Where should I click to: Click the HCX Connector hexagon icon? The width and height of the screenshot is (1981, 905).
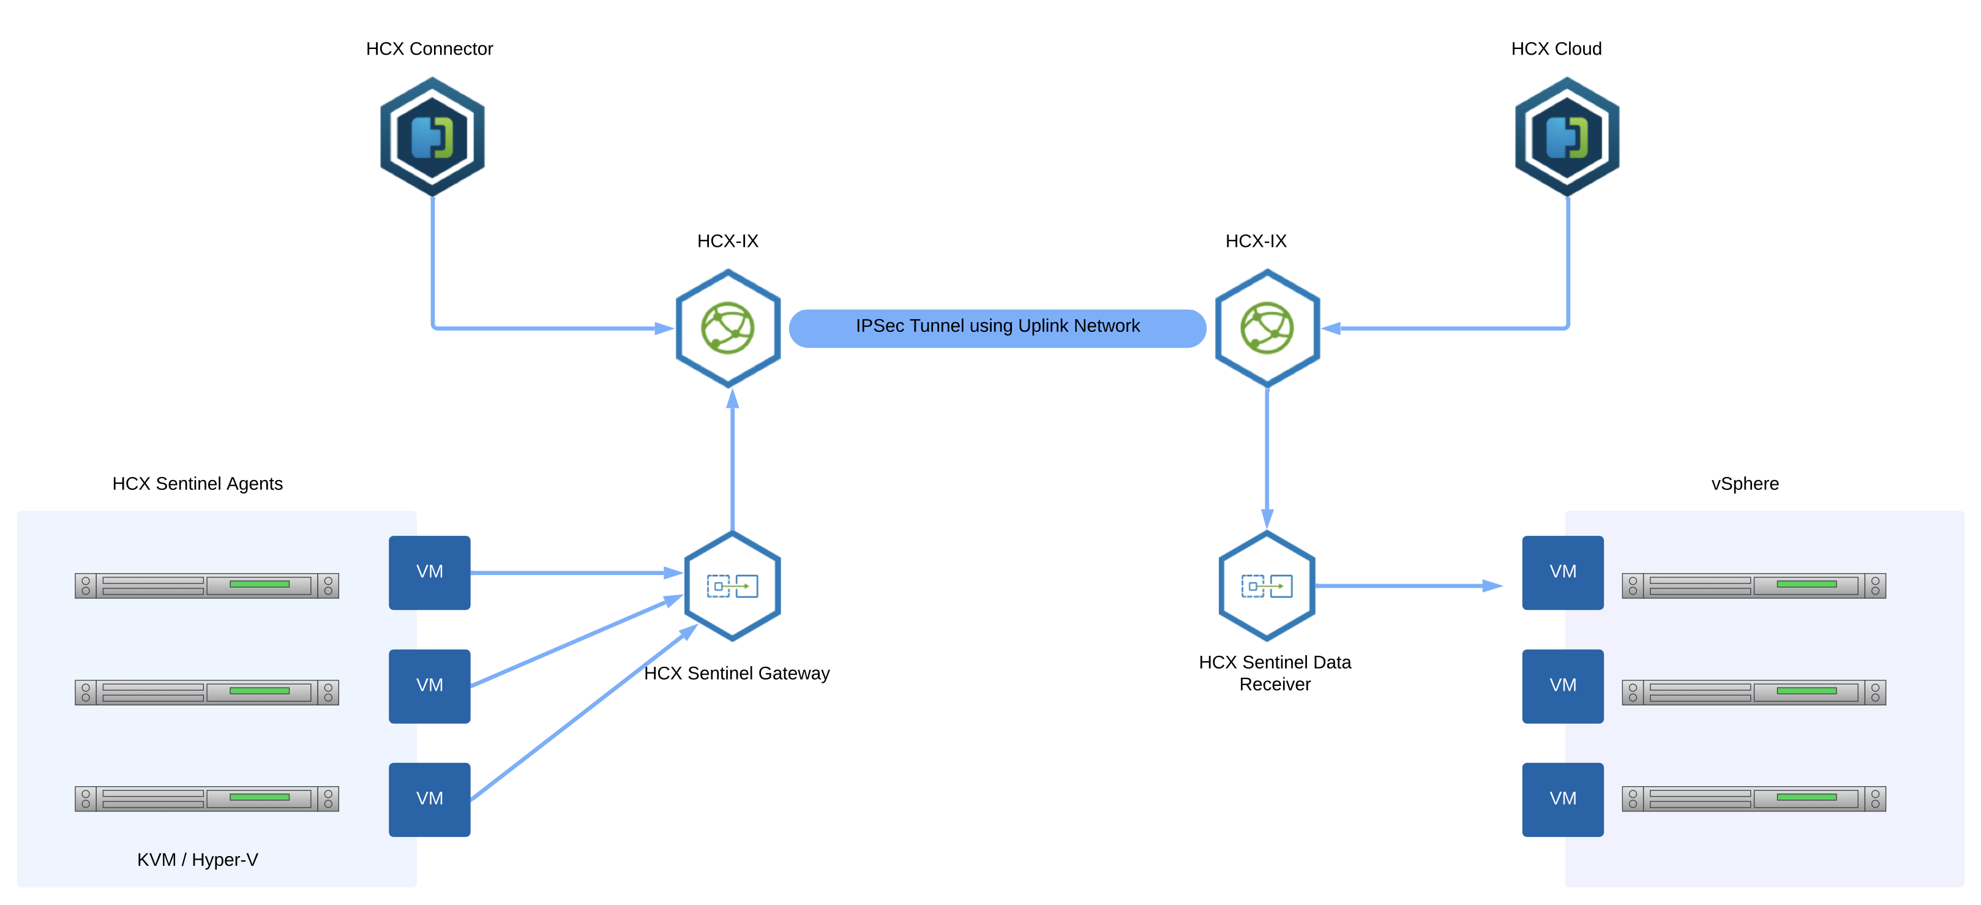pyautogui.click(x=432, y=136)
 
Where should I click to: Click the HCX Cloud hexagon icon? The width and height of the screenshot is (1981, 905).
pyautogui.click(x=1567, y=136)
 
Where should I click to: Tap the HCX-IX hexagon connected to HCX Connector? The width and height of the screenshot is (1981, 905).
pyautogui.click(x=727, y=328)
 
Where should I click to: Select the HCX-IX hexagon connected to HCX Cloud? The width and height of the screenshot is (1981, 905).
pyautogui.click(x=1267, y=328)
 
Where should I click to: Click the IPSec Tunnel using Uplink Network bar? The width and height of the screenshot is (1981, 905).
pyautogui.click(x=997, y=328)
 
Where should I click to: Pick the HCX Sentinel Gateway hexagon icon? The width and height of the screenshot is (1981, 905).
pyautogui.click(x=732, y=586)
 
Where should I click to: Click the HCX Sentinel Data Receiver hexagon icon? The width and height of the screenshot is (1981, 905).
pyautogui.click(x=1267, y=586)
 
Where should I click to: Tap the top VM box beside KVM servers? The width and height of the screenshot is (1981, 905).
pyautogui.click(x=429, y=572)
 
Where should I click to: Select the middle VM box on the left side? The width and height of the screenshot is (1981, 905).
pyautogui.click(x=429, y=686)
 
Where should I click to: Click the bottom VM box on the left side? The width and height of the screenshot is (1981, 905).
pyautogui.click(x=429, y=799)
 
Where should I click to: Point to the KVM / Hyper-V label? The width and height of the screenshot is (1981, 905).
pyautogui.click(x=198, y=860)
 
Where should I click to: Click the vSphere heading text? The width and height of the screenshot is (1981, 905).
pyautogui.click(x=1744, y=484)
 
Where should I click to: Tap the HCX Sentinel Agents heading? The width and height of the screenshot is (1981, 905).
pyautogui.click(x=198, y=484)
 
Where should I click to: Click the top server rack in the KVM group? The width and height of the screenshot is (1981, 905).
pyautogui.click(x=206, y=585)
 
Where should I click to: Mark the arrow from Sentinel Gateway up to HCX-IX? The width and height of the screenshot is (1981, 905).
pyautogui.click(x=732, y=461)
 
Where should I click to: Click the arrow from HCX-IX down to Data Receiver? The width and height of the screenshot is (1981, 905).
pyautogui.click(x=1267, y=457)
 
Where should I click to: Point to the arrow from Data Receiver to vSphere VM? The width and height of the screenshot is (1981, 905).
pyautogui.click(x=1407, y=586)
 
